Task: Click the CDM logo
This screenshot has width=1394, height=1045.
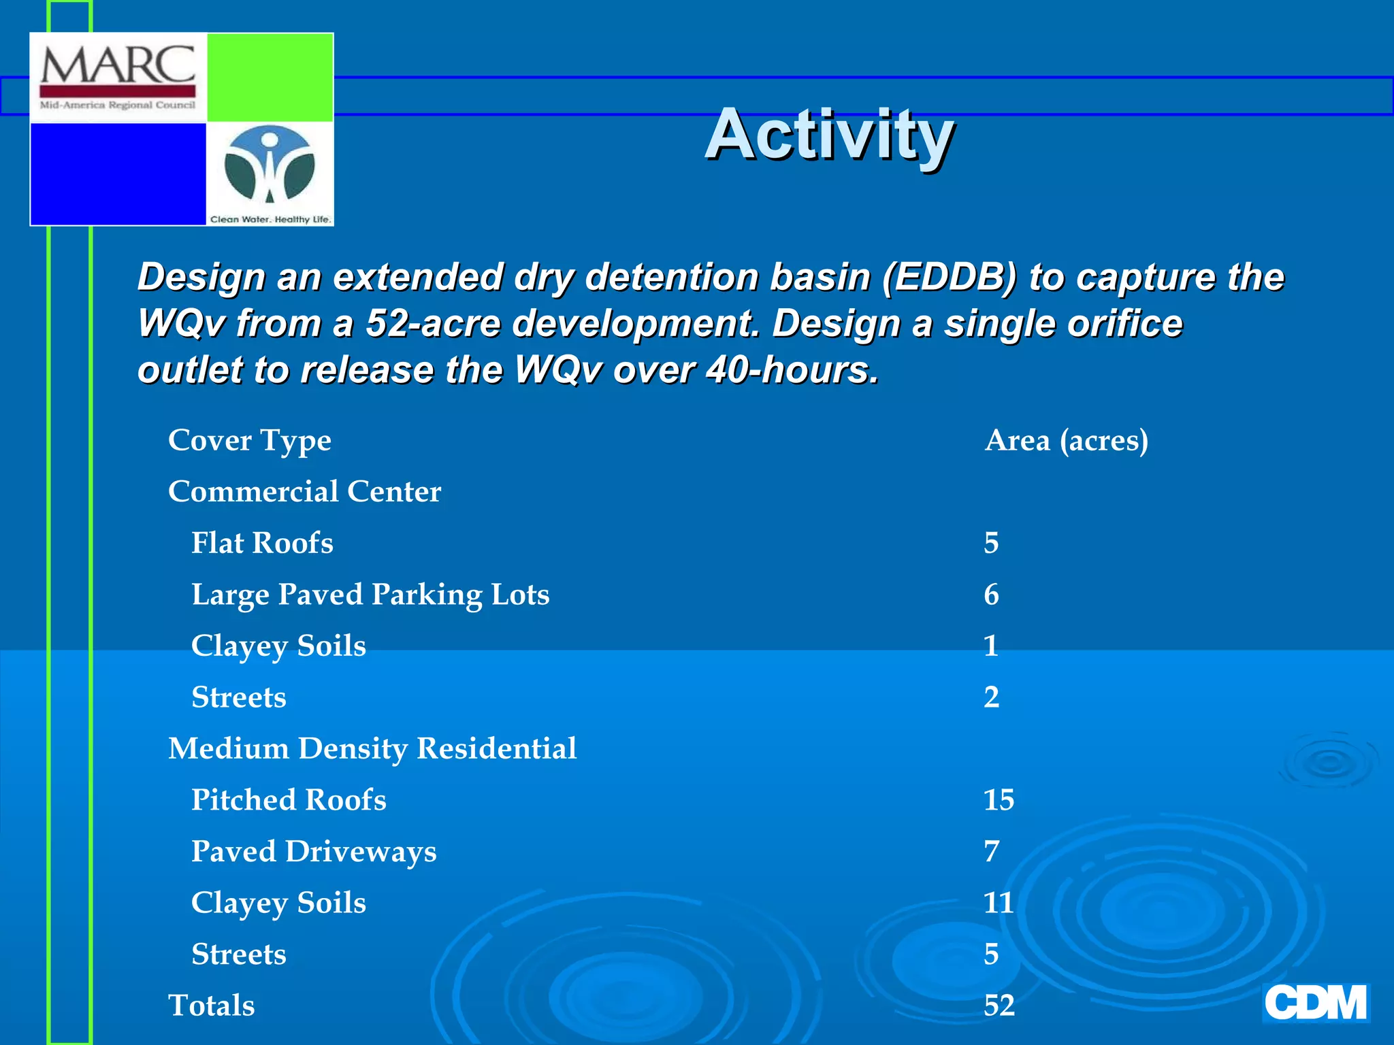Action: point(1315,1003)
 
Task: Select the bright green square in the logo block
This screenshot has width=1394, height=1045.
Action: point(270,78)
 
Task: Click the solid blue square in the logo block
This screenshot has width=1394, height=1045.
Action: point(118,173)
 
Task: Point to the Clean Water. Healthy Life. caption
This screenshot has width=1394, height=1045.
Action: point(270,219)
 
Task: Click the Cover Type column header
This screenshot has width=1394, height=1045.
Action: point(249,440)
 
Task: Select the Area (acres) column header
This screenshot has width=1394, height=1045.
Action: point(1066,440)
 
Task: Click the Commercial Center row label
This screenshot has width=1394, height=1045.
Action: point(304,491)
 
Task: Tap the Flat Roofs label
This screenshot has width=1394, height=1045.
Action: point(262,543)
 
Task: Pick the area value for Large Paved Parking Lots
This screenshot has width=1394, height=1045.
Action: point(991,595)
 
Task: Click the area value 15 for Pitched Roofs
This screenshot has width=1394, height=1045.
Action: point(999,800)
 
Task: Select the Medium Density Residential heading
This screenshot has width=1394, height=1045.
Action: point(372,748)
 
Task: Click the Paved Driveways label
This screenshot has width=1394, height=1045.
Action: point(314,852)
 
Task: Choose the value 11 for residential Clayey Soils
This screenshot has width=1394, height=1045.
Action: point(999,903)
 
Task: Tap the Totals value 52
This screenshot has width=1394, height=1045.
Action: point(999,1006)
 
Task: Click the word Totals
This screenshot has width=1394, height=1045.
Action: point(211,1006)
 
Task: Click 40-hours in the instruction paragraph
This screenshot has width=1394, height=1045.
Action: point(792,370)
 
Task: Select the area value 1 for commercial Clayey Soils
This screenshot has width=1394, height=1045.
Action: point(991,646)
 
